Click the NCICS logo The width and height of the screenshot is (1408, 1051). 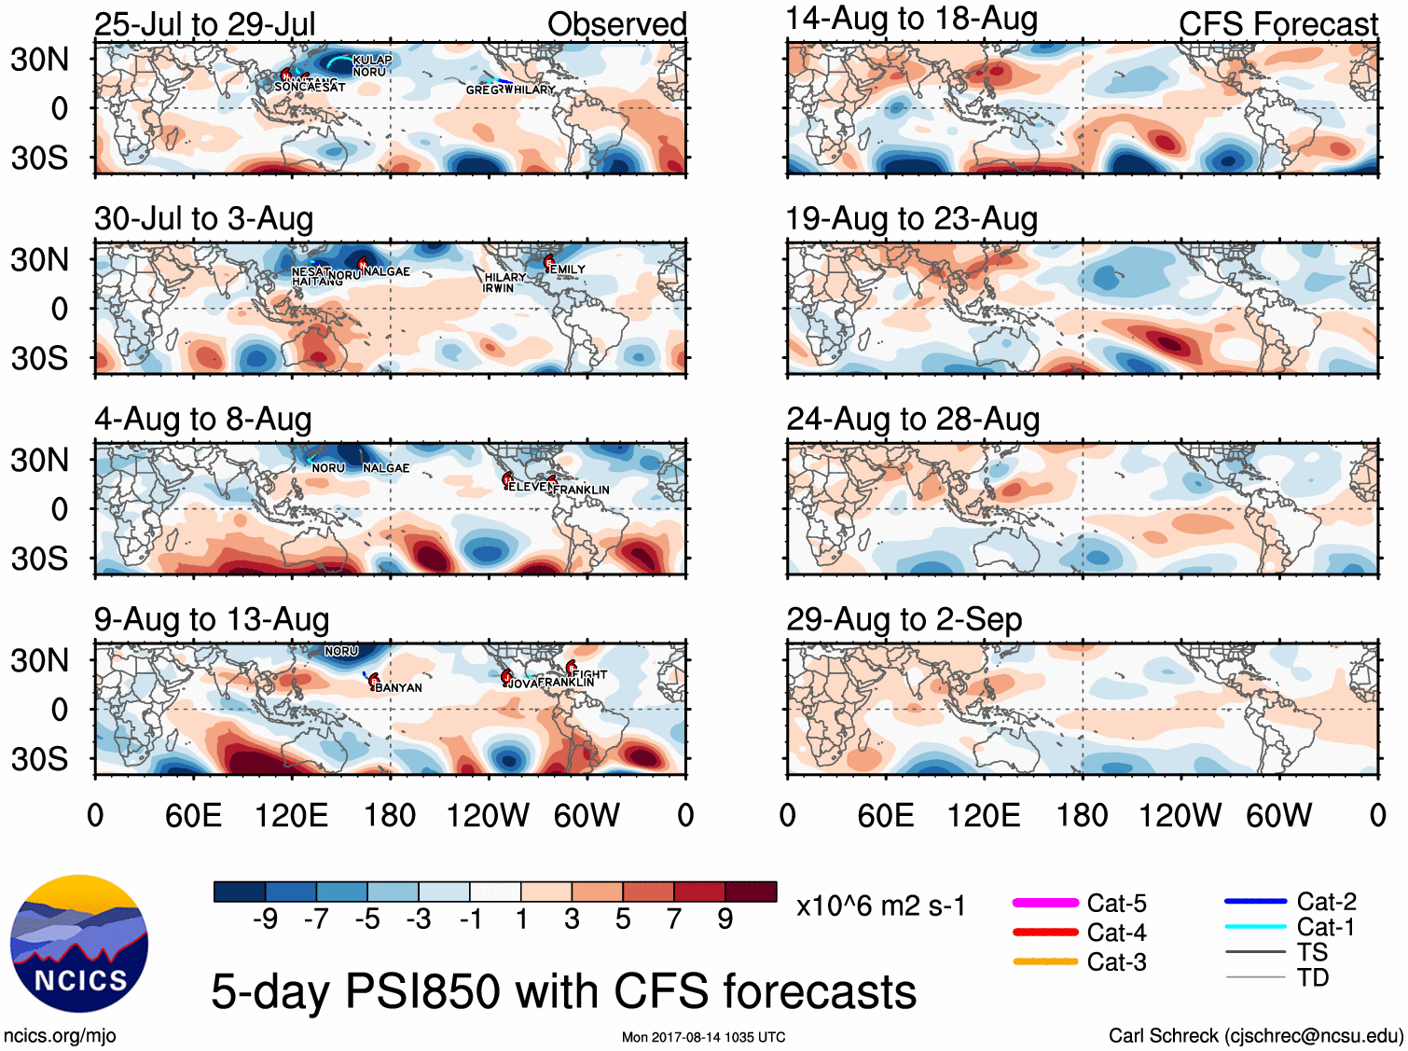(x=78, y=943)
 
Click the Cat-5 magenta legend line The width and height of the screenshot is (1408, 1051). (x=1045, y=903)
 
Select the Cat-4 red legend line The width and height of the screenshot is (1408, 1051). (x=1045, y=932)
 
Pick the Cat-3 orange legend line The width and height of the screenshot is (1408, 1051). (x=1045, y=961)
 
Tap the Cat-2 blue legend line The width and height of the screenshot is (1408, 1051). (x=1255, y=902)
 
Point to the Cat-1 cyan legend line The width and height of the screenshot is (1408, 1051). (x=1255, y=927)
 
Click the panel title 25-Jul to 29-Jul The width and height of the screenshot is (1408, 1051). (x=205, y=24)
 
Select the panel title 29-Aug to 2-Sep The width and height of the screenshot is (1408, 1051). (x=904, y=619)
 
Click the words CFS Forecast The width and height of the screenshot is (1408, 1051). (x=1277, y=24)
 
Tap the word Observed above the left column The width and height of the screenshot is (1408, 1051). (x=616, y=24)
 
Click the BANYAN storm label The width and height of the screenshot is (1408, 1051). (x=398, y=687)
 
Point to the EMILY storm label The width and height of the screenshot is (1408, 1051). (x=568, y=270)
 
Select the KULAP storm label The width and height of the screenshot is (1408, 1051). (x=372, y=60)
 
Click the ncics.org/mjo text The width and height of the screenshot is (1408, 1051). (x=60, y=1035)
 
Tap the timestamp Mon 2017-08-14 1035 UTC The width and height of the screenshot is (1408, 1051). (x=703, y=1037)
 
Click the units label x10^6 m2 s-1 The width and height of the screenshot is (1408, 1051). (x=880, y=906)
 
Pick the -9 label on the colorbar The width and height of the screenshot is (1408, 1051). (x=266, y=920)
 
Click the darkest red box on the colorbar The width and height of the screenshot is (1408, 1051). (x=751, y=892)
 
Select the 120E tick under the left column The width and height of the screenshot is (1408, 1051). (x=292, y=816)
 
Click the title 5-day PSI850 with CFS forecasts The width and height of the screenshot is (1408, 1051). (x=563, y=990)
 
